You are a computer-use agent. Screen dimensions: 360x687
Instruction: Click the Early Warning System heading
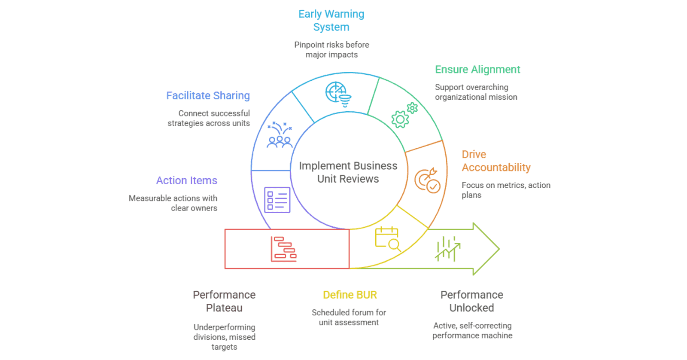click(331, 20)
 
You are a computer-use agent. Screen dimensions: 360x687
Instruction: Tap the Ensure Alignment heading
click(477, 70)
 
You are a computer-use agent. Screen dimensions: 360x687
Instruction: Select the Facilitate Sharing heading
click(208, 95)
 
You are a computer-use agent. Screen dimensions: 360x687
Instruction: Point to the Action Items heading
click(186, 180)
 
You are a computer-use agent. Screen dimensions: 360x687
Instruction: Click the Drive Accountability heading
click(496, 161)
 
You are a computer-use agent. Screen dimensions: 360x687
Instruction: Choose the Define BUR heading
click(350, 295)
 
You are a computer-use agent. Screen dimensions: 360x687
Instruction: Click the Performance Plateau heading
click(224, 301)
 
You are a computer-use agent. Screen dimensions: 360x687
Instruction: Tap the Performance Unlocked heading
click(471, 301)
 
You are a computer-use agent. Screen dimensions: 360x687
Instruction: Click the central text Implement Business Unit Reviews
click(348, 172)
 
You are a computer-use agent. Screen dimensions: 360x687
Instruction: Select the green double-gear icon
click(404, 115)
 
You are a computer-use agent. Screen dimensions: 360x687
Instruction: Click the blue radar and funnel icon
click(338, 94)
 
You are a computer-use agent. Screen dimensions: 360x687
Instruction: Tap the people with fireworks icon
click(280, 135)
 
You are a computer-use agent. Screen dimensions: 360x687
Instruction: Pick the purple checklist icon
click(277, 200)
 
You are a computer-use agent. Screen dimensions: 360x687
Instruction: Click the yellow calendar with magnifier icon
click(388, 239)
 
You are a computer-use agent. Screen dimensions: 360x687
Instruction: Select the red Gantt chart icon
click(284, 249)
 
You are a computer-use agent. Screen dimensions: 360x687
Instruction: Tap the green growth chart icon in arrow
click(447, 249)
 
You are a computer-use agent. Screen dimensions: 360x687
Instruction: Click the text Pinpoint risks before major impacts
click(331, 49)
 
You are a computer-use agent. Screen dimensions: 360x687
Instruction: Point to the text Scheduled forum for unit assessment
click(349, 317)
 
